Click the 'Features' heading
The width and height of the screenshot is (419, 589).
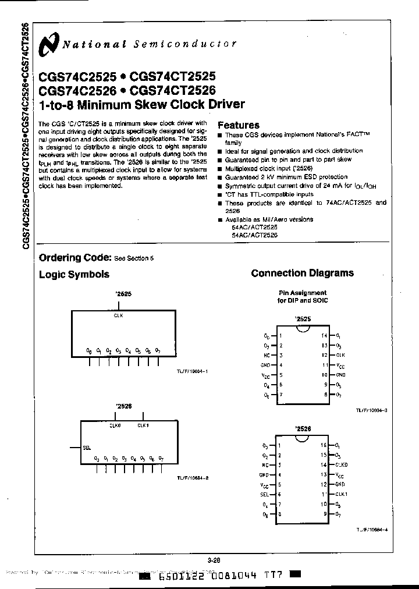pos(238,125)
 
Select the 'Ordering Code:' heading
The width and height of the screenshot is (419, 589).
pos(74,257)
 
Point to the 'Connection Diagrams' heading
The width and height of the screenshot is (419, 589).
pos(302,273)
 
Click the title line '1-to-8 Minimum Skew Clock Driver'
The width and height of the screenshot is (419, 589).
pos(141,105)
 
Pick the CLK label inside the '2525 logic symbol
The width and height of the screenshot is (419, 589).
pos(118,315)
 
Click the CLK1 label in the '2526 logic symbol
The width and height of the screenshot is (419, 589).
pos(144,425)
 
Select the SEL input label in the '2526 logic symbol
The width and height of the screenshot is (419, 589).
pos(87,448)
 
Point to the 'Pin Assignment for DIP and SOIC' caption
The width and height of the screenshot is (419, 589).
pos(301,296)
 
